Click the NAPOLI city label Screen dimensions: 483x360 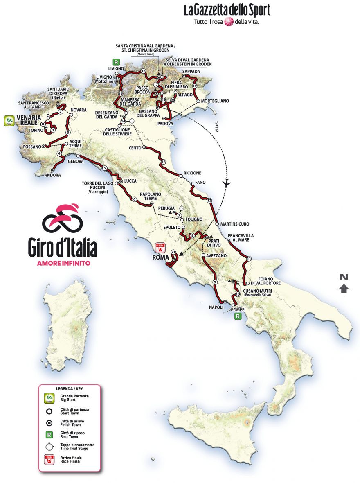216,307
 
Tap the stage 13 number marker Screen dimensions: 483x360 164,162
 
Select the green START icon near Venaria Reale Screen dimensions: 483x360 9,121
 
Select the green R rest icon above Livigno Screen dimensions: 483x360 117,63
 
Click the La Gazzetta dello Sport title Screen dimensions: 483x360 227,10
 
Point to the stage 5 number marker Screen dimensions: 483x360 105,168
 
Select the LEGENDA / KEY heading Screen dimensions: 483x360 69,388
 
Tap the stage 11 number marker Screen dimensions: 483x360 248,258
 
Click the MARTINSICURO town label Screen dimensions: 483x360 234,224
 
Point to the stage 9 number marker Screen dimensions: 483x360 214,282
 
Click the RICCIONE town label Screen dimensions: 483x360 193,173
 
